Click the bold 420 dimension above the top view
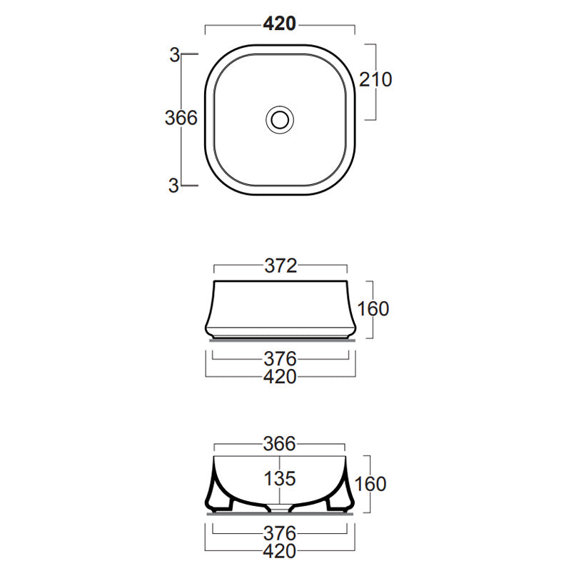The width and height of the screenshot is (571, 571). point(280,24)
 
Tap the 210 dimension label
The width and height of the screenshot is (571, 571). point(375,80)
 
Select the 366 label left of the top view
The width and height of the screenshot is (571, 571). point(181,118)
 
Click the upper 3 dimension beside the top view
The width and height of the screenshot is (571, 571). point(173,54)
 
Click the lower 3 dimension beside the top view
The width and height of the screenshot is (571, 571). point(173,185)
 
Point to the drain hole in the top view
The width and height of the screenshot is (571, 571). point(280,118)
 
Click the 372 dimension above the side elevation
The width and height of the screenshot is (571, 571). point(280,266)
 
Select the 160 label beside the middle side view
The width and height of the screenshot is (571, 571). point(373,308)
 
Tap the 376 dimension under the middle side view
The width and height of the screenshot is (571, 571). point(280,358)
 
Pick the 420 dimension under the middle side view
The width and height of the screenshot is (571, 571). point(280,377)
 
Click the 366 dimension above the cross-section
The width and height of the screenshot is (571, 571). point(280,444)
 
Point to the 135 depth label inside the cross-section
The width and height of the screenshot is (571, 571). point(280,477)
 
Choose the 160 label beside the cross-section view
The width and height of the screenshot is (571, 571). point(370,484)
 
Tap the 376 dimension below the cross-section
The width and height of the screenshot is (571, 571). point(280,533)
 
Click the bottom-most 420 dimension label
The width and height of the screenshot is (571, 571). point(280,552)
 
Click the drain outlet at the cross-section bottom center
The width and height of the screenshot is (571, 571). point(280,509)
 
